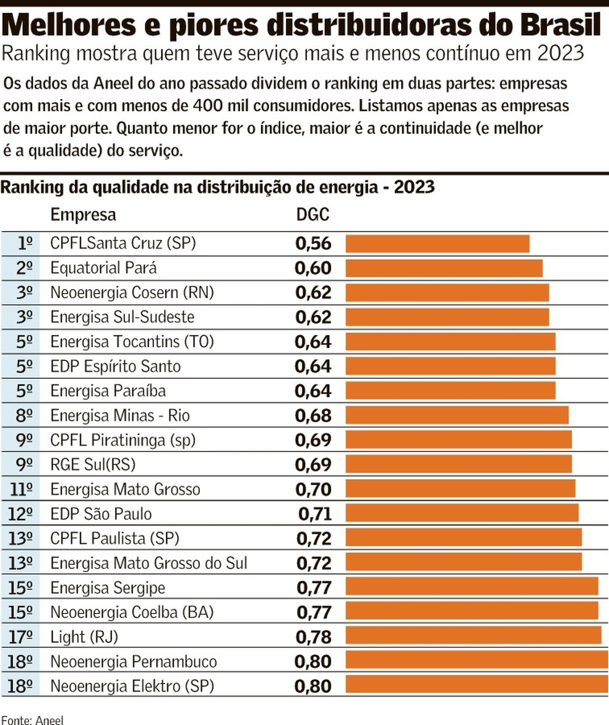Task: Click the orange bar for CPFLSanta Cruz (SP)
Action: tap(437, 243)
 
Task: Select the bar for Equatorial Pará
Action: tap(443, 268)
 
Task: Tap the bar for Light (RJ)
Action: tap(473, 636)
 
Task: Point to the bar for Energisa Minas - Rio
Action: tap(456, 415)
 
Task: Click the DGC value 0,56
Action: tap(313, 244)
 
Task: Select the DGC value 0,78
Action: tap(313, 636)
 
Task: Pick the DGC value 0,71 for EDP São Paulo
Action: tap(315, 514)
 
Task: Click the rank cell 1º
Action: tap(25, 244)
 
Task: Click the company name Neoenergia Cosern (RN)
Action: tap(132, 292)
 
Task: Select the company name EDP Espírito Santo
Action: tap(115, 367)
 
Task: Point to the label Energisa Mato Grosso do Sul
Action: tap(149, 563)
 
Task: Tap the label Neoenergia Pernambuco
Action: tap(133, 661)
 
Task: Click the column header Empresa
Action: tap(83, 215)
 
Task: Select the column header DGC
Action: tap(313, 215)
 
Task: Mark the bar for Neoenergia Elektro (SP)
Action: tap(476, 685)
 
